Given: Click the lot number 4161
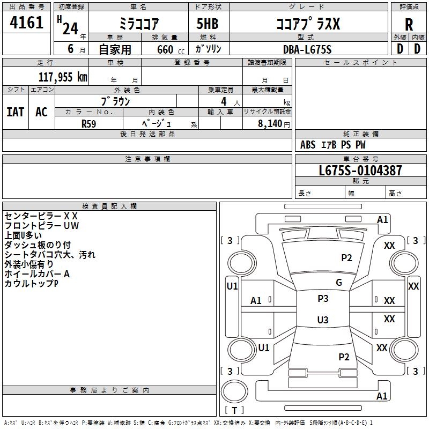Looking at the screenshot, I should click(x=27, y=22).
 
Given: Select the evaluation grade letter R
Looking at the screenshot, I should click(x=409, y=25).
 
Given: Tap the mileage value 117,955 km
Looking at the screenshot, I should click(x=63, y=77).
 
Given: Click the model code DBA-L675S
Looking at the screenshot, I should click(x=307, y=49).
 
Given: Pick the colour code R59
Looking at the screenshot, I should click(x=89, y=123).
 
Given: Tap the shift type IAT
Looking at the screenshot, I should click(x=15, y=112).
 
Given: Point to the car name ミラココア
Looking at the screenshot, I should click(x=138, y=25).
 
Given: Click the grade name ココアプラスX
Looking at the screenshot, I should click(x=307, y=25).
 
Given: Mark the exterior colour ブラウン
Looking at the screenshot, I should click(x=116, y=101).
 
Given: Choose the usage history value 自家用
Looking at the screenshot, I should click(x=115, y=49).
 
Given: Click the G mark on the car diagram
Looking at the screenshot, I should click(x=339, y=283).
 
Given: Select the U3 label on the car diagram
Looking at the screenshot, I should click(x=322, y=320).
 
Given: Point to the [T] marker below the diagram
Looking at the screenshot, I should click(x=234, y=411).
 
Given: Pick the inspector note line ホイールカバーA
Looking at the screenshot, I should click(x=37, y=274).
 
